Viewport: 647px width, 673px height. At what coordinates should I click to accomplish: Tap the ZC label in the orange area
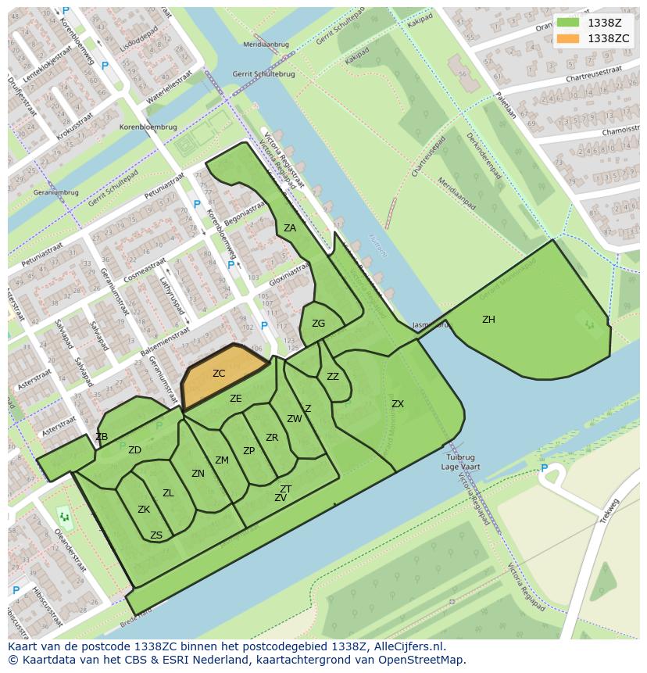coord(219,374)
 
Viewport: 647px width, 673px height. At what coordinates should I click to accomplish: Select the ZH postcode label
coord(488,320)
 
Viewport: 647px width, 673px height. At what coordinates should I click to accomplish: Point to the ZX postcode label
coord(398,404)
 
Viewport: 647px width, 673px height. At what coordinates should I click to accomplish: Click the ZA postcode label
coord(290,228)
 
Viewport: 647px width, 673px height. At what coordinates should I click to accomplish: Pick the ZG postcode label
coord(318,324)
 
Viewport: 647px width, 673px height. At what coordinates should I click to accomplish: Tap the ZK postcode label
coord(144,510)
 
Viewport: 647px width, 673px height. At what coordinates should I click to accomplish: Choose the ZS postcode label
coord(156,535)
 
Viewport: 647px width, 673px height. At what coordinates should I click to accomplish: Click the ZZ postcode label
coord(333,377)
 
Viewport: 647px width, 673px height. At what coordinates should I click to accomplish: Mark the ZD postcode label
coord(134,450)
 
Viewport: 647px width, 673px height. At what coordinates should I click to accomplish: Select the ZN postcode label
coord(198,474)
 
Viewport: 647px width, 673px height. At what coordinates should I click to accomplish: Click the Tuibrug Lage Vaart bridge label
coord(461,462)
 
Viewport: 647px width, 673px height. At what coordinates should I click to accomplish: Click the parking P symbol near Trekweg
coord(545,468)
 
